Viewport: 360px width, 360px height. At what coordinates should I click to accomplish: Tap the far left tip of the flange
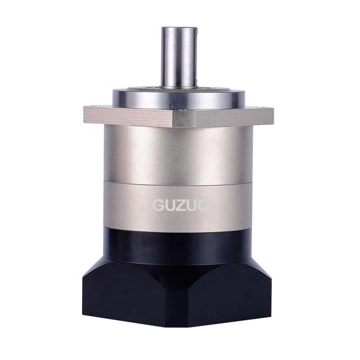(84, 111)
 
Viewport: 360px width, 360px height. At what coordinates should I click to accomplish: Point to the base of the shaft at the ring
(179, 86)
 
